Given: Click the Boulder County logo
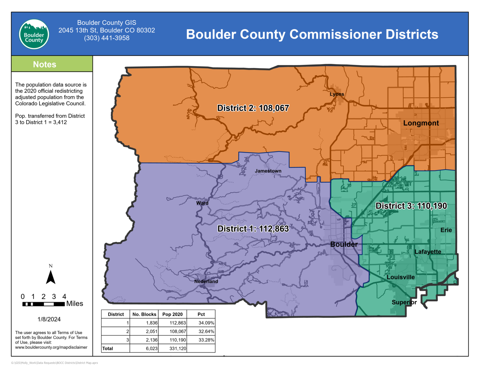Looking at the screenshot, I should click(34, 34).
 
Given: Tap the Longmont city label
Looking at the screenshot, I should click(421, 123).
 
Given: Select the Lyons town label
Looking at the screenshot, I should click(337, 94).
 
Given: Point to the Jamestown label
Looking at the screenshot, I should click(268, 171).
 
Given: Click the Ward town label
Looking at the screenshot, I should click(202, 203).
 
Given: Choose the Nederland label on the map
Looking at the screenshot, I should click(206, 281).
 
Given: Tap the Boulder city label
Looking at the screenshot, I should click(344, 244).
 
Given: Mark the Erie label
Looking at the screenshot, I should click(446, 230).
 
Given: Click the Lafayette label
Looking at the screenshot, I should click(428, 252).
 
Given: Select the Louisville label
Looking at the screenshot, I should click(400, 277).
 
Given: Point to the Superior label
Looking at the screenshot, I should click(404, 302).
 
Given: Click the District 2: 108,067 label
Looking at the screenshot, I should click(253, 108).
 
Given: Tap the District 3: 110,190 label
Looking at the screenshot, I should click(411, 206).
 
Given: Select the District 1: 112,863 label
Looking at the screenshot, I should click(253, 229).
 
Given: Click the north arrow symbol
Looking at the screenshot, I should click(51, 277).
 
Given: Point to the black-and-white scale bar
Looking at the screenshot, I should click(44, 304).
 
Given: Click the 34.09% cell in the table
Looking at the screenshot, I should click(206, 323).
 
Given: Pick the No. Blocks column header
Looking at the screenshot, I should click(144, 314).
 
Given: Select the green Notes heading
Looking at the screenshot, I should click(45, 64).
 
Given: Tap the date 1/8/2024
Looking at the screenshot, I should click(49, 319).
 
